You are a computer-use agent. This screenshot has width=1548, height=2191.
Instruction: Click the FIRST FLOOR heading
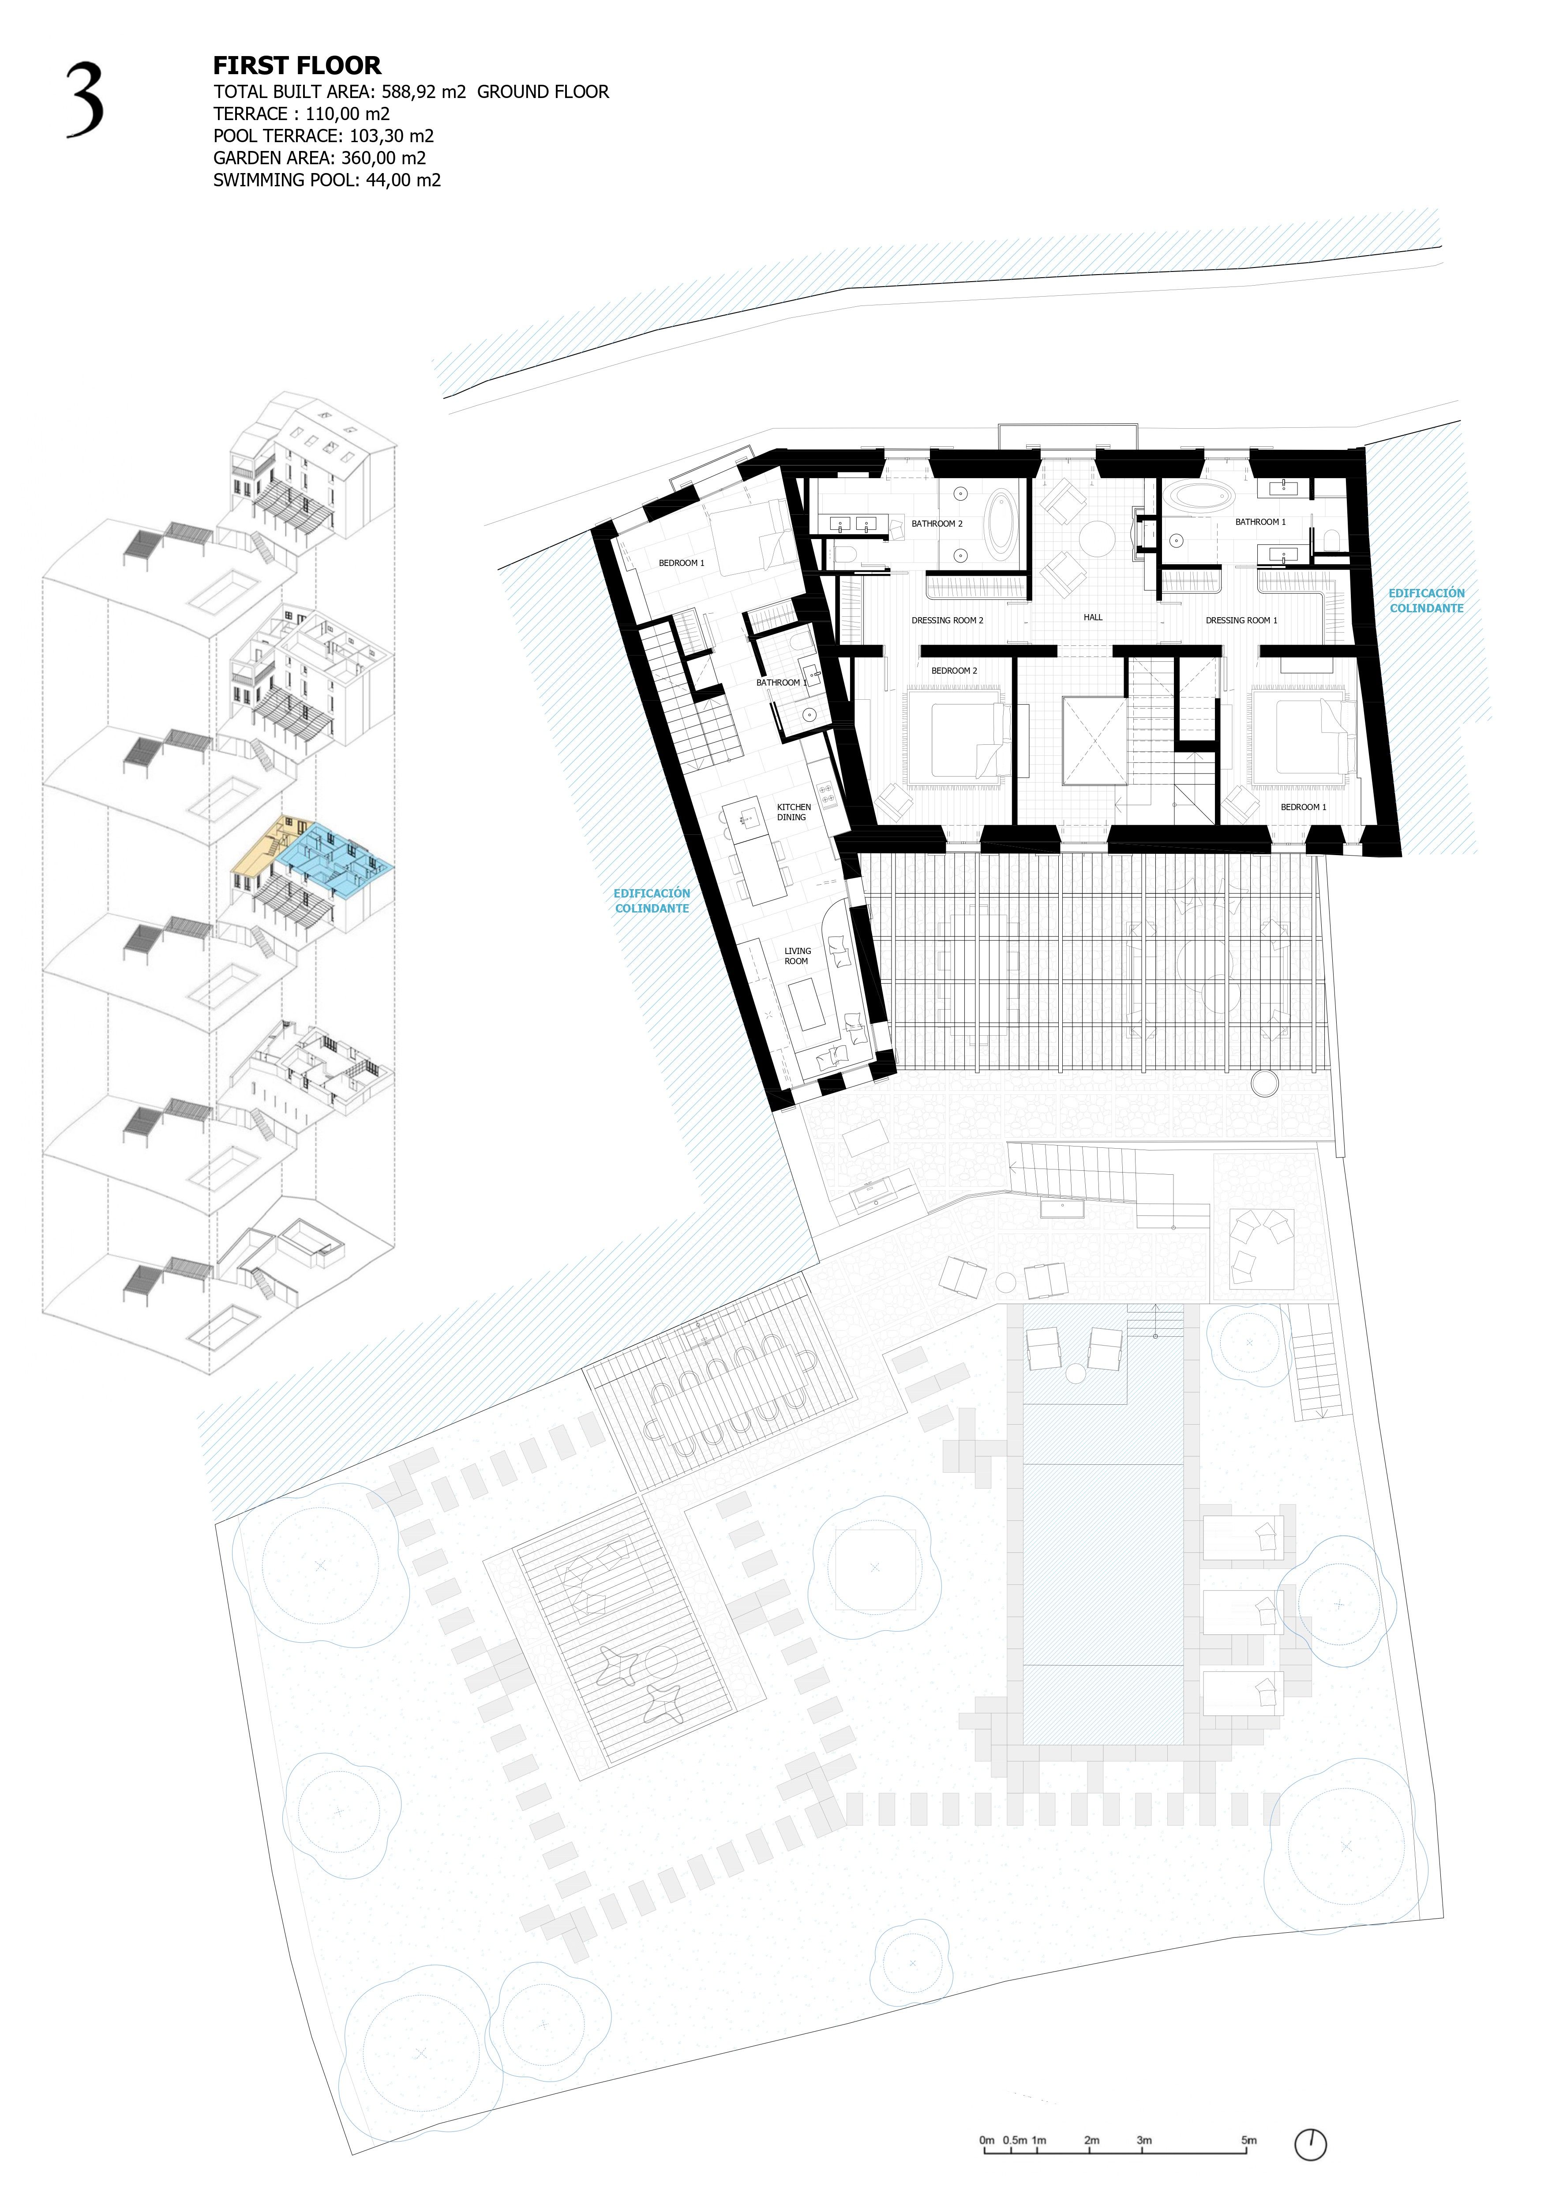296,66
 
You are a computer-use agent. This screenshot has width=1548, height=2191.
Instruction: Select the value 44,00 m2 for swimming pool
404,181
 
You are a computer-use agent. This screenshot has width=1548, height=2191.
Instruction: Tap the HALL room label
1093,618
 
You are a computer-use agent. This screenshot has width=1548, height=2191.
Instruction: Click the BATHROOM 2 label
937,524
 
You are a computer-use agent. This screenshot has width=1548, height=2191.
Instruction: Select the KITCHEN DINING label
794,812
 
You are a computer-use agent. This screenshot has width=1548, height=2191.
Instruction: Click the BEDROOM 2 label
954,671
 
